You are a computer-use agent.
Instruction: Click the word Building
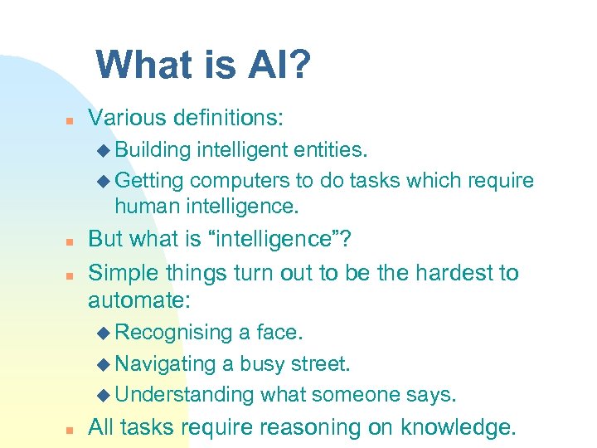pyautogui.click(x=151, y=150)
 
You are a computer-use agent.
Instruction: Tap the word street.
pyautogui.click(x=320, y=363)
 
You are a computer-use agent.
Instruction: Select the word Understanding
pyautogui.click(x=184, y=395)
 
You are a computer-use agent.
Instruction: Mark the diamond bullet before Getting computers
pyautogui.click(x=103, y=182)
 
